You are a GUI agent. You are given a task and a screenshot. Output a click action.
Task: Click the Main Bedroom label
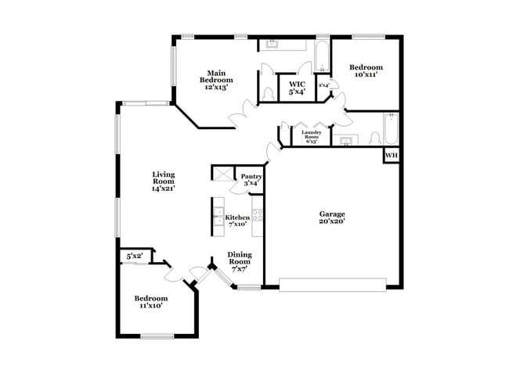216,81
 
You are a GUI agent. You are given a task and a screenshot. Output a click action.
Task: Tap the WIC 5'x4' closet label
297,87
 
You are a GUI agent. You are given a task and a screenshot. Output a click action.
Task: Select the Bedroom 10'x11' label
366,71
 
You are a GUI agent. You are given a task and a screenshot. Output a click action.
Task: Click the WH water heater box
391,156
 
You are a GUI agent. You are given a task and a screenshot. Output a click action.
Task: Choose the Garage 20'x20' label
332,217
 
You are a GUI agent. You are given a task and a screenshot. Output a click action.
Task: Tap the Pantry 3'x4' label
251,180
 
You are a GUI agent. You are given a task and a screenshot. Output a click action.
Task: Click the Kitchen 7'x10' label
237,221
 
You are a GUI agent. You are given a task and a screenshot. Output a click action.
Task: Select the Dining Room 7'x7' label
240,261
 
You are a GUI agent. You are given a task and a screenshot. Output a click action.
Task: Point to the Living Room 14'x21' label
163,181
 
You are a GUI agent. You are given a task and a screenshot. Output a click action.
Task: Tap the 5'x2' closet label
134,256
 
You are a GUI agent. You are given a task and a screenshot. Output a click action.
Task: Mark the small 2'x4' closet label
323,85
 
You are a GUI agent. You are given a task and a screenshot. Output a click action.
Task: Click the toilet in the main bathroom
269,93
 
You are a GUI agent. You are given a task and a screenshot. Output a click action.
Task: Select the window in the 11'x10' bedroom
157,336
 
